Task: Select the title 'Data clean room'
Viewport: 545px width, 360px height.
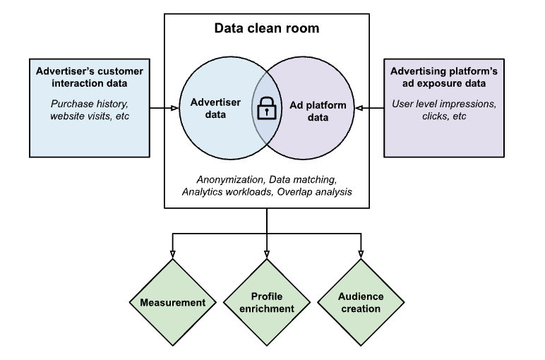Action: click(267, 29)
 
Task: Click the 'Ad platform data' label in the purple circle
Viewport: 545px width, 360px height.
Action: click(319, 112)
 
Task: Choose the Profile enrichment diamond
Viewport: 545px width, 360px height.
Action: click(267, 302)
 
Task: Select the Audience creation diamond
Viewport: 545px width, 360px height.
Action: click(361, 302)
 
